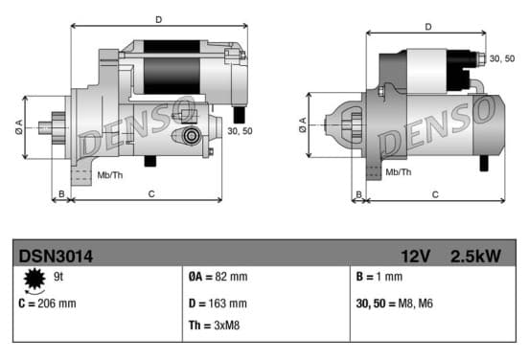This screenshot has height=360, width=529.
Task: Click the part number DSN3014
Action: [x=56, y=257]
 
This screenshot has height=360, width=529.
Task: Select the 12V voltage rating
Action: [x=415, y=257]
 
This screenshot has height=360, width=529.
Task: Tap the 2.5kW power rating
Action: [x=475, y=257]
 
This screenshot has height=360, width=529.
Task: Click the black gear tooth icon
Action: [x=34, y=279]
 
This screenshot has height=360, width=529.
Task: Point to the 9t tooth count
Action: [x=58, y=277]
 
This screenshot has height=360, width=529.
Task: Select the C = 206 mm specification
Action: [x=47, y=304]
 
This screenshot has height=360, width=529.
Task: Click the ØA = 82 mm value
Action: [x=218, y=277]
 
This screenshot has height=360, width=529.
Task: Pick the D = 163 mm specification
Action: [x=218, y=304]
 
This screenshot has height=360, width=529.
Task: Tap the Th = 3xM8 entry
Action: [x=215, y=326]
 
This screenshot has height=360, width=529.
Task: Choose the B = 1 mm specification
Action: [x=379, y=277]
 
